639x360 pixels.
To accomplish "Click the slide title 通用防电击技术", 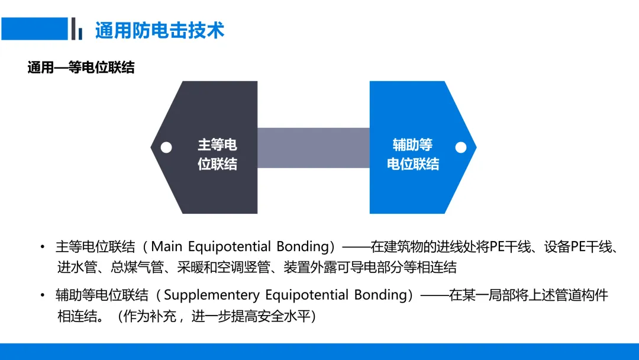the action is pyautogui.click(x=160, y=30).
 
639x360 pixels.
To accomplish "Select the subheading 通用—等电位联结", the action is pyautogui.click(x=81, y=67).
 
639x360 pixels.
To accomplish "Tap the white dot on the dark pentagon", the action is pyautogui.click(x=166, y=147).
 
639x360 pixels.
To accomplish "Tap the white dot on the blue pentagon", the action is pyautogui.click(x=461, y=147).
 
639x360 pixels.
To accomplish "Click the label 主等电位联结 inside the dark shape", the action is pyautogui.click(x=217, y=155).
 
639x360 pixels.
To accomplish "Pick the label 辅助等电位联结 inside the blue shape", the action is pyautogui.click(x=413, y=155).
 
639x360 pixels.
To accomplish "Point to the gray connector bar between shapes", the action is pyautogui.click(x=314, y=147).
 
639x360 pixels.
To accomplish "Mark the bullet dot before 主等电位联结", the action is pyautogui.click(x=42, y=247).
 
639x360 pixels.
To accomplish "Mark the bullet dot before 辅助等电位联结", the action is pyautogui.click(x=42, y=295).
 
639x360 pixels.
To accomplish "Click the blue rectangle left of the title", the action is pyautogui.click(x=34, y=28).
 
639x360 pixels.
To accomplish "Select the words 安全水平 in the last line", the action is pyautogui.click(x=283, y=316).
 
